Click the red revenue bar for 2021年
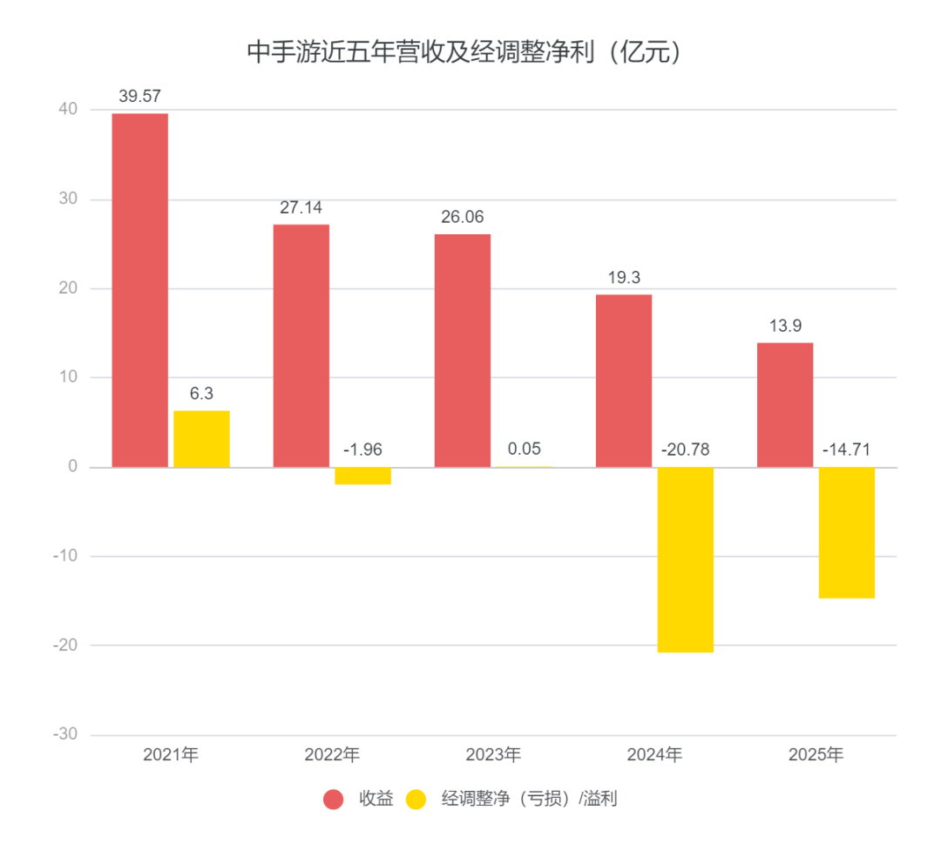(x=140, y=290)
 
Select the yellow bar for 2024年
(x=686, y=559)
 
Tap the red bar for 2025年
(x=785, y=405)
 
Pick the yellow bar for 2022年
(x=362, y=476)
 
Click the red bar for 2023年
(x=463, y=350)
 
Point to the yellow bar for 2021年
(x=201, y=439)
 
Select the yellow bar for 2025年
(x=846, y=532)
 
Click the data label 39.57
(x=140, y=97)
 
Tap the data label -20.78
(x=685, y=450)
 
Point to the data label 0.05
(x=524, y=449)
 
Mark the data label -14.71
(x=846, y=450)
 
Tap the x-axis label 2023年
(x=493, y=755)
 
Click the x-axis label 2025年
(x=816, y=755)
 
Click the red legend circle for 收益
(x=334, y=799)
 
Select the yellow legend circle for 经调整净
(x=416, y=799)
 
